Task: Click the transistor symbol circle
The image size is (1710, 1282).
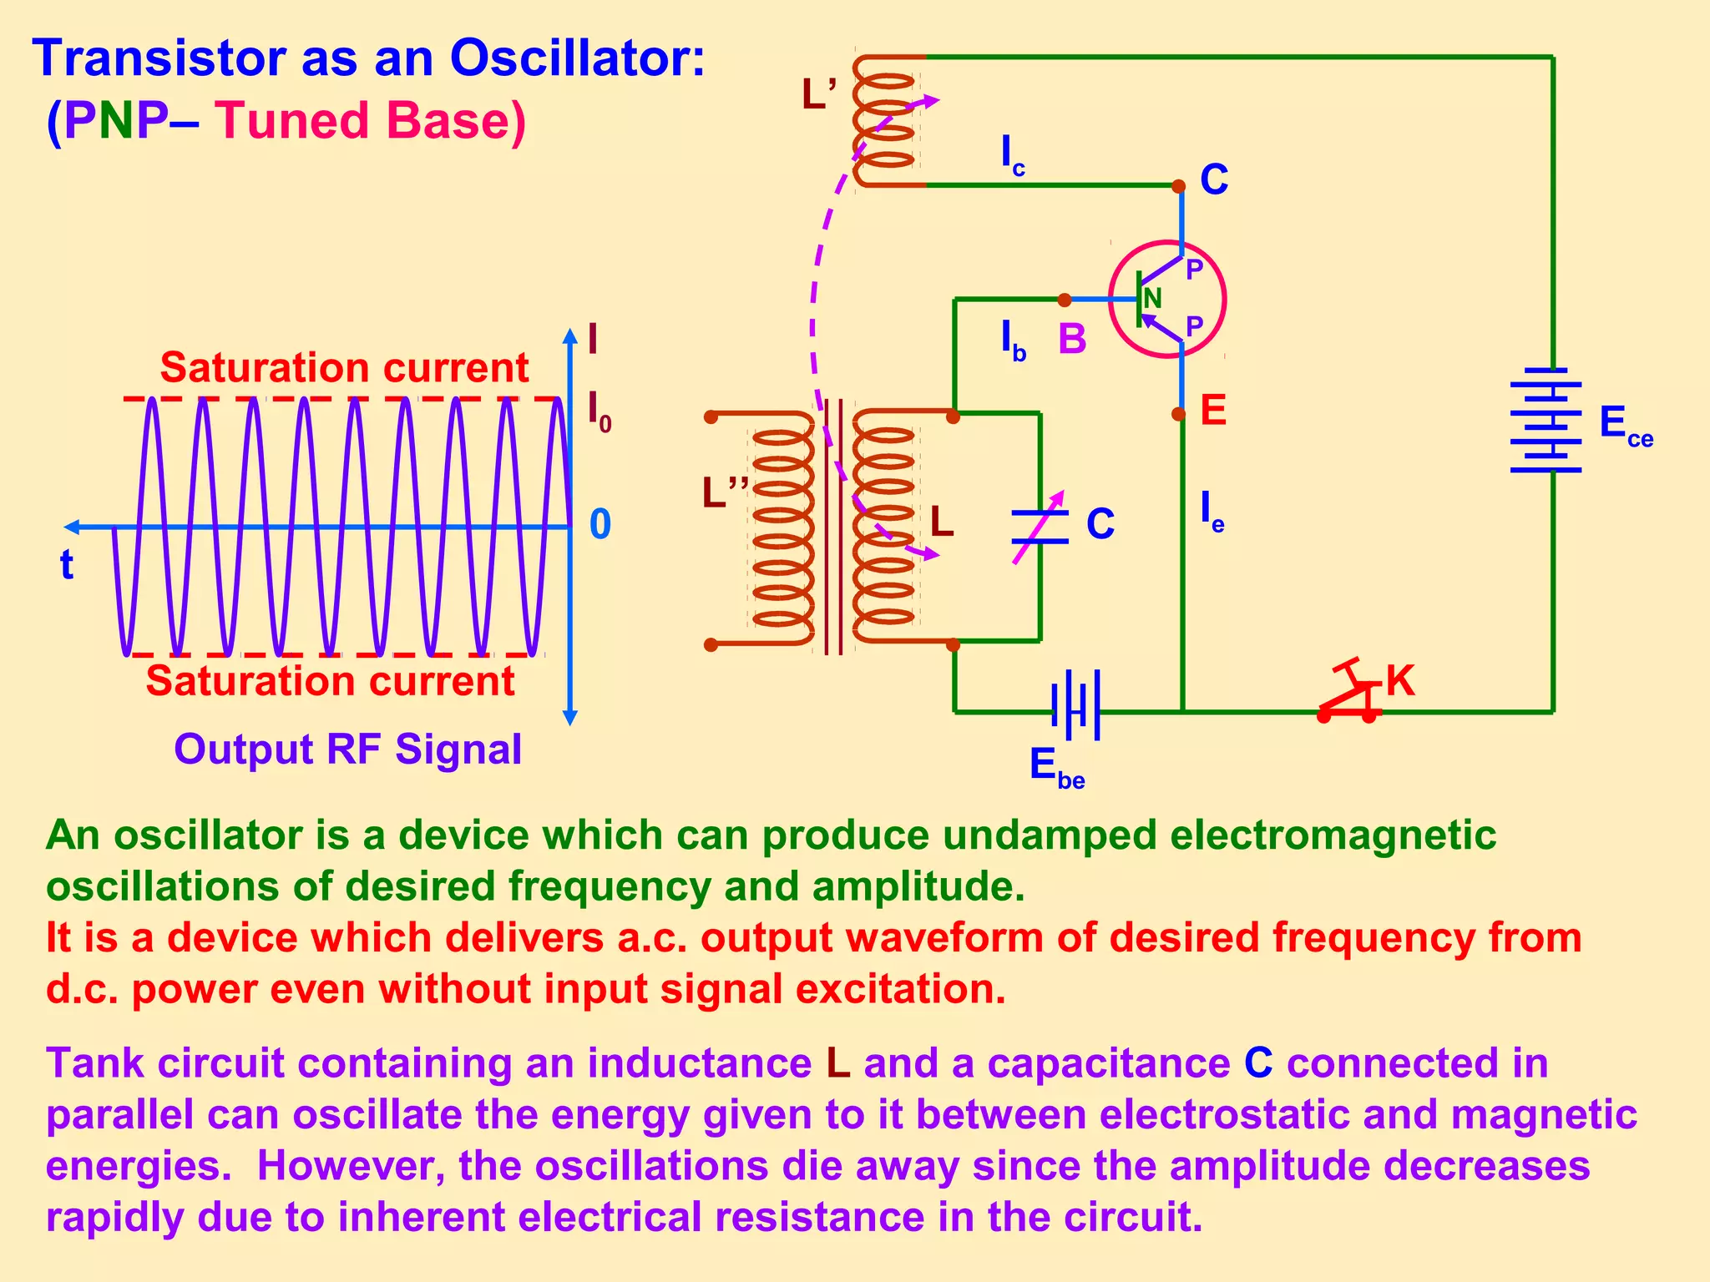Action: click(x=1167, y=299)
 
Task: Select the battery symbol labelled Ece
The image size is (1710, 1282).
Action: click(x=1546, y=420)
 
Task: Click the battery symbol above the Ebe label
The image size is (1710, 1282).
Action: click(x=1076, y=705)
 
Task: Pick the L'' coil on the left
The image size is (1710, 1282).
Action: click(x=782, y=528)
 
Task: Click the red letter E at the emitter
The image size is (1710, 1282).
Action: click(x=1213, y=411)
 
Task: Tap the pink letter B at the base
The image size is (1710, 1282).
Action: click(x=1072, y=339)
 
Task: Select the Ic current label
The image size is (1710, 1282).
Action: click(x=1012, y=155)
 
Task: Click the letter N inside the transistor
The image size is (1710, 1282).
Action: click(x=1153, y=299)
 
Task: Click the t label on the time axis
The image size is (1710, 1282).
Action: click(x=67, y=565)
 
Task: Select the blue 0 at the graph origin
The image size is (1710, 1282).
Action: click(x=600, y=525)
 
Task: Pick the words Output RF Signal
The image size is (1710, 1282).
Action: click(x=347, y=749)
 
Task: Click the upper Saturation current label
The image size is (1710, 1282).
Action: click(x=344, y=368)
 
